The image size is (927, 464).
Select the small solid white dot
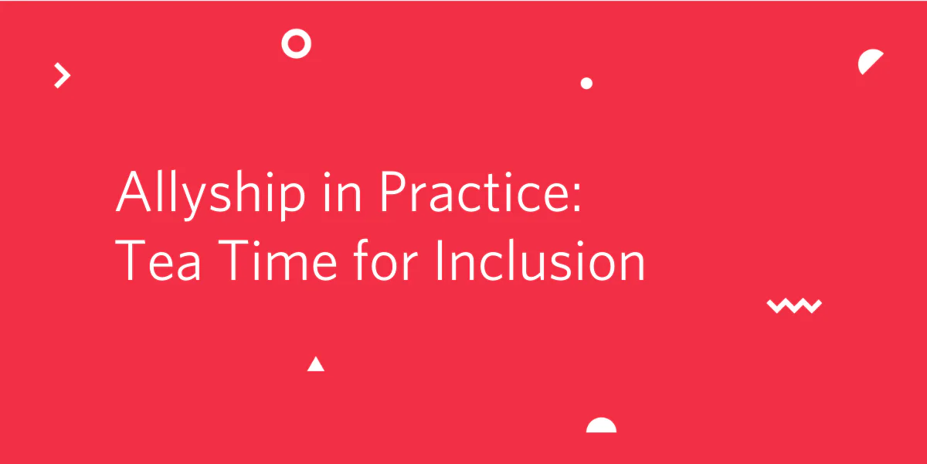586,84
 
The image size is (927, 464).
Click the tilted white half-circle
870,62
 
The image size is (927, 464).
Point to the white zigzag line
794,305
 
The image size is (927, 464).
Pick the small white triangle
315,364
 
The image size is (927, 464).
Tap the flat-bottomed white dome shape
601,425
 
